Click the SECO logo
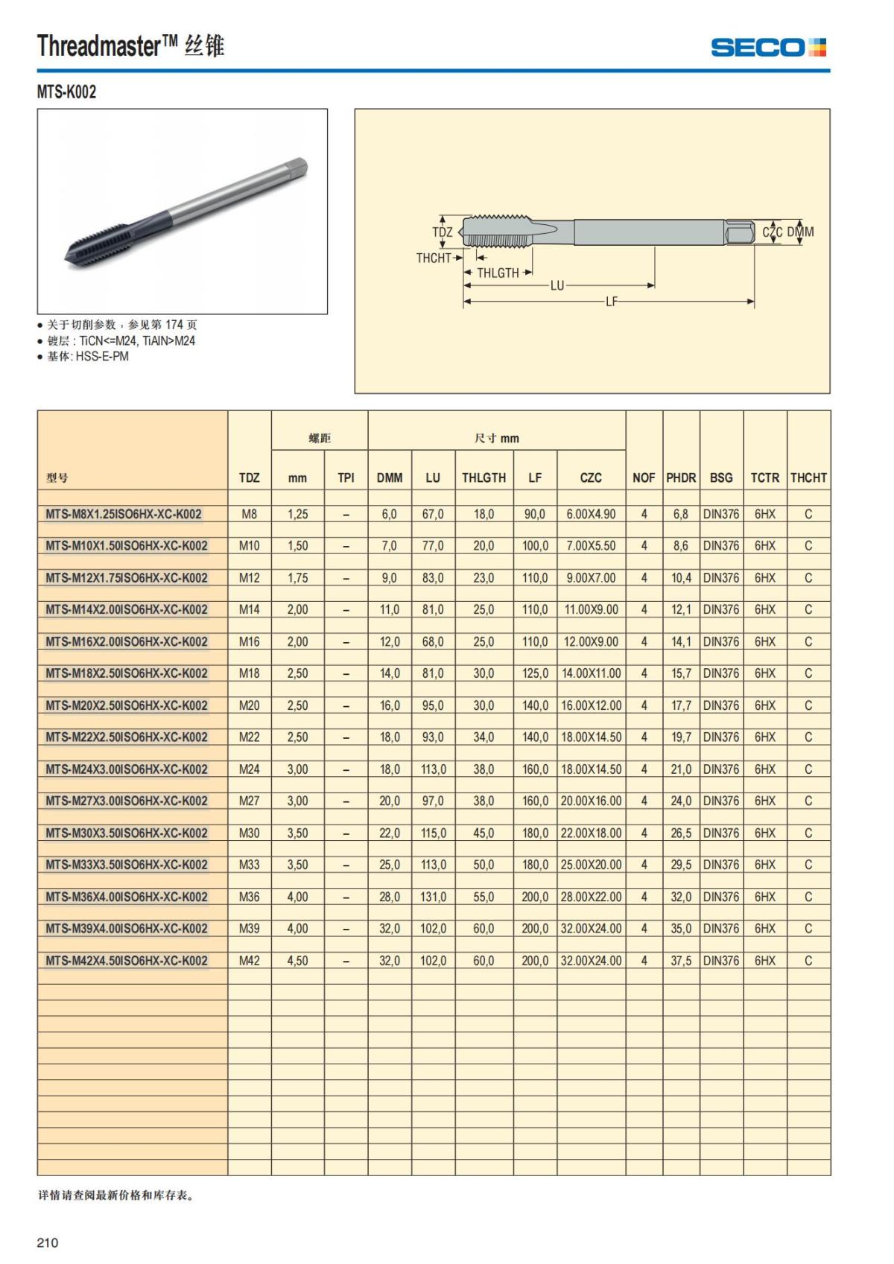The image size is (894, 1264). pyautogui.click(x=768, y=48)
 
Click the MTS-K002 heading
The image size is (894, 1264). pyautogui.click(x=66, y=92)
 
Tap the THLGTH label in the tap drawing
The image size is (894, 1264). pyautogui.click(x=498, y=273)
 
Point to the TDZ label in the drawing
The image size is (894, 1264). pyautogui.click(x=442, y=232)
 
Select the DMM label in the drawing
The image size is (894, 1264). pyautogui.click(x=801, y=232)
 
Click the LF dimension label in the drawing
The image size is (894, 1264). pyautogui.click(x=611, y=302)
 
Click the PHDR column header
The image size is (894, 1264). pyautogui.click(x=680, y=477)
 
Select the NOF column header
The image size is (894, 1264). pyautogui.click(x=644, y=477)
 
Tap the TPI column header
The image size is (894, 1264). pyautogui.click(x=346, y=477)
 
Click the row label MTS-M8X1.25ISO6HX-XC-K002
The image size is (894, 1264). pyautogui.click(x=124, y=514)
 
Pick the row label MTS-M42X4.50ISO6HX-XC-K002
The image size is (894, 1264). pyautogui.click(x=127, y=961)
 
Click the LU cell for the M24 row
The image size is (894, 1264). pyautogui.click(x=433, y=769)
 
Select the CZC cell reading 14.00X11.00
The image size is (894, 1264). pyautogui.click(x=591, y=673)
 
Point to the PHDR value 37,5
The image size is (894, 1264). pyautogui.click(x=680, y=961)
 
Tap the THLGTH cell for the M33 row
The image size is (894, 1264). pyautogui.click(x=484, y=865)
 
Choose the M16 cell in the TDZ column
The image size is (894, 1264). pyautogui.click(x=249, y=641)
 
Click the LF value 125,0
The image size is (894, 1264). pyautogui.click(x=535, y=673)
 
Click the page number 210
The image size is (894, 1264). pyautogui.click(x=47, y=1242)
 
